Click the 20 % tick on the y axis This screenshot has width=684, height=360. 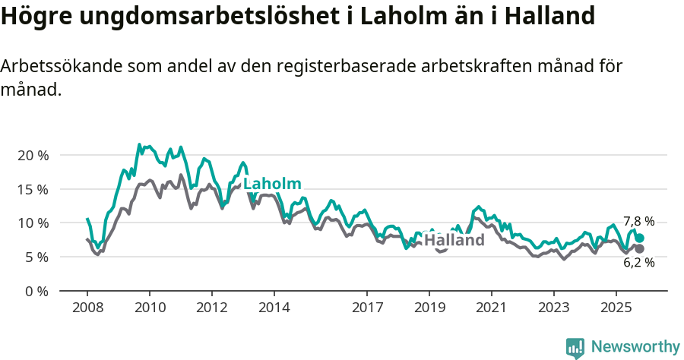33,155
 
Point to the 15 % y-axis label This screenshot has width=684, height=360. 33,189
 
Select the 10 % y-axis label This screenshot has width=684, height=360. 33,223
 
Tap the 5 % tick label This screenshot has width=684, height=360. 36,257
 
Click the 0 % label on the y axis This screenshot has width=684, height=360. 36,292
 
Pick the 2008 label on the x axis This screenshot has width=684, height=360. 87,308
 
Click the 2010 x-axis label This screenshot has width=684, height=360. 150,308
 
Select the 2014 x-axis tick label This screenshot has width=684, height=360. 274,308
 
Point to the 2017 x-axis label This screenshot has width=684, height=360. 367,308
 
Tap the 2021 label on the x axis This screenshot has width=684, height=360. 491,308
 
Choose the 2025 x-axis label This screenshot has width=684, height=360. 616,308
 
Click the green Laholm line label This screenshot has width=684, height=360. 272,184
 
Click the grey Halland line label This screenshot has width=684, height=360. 454,241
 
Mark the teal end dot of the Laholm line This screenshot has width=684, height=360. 639,238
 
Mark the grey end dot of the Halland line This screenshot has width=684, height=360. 639,249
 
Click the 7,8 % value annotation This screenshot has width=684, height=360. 638,222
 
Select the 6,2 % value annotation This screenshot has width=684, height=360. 638,263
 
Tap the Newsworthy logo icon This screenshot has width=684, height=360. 575,347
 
